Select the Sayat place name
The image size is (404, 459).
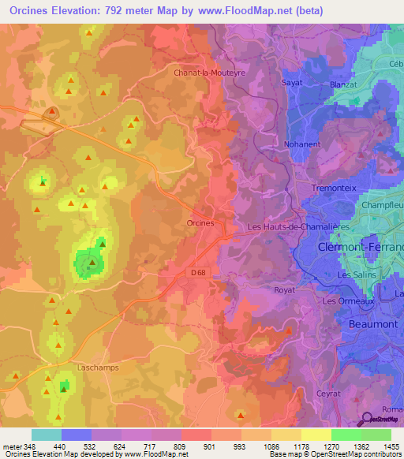(292, 81)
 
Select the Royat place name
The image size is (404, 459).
(284, 290)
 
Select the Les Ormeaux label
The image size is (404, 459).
(346, 301)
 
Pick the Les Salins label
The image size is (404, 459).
(355, 274)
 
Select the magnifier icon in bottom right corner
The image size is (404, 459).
(367, 420)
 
